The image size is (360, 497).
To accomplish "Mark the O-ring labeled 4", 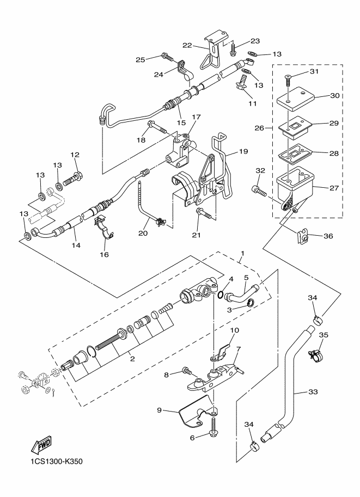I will (x=219, y=296).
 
